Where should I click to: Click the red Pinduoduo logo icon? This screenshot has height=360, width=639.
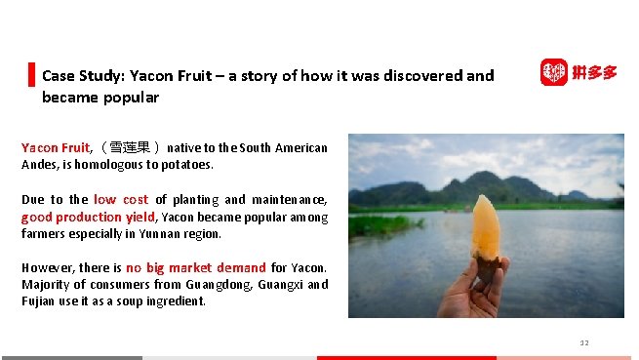[x=553, y=72]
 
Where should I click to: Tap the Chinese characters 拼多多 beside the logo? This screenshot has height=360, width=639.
[x=594, y=72]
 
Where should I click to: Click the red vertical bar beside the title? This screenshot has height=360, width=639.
[x=31, y=74]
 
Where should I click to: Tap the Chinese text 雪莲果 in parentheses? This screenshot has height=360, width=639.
[x=130, y=148]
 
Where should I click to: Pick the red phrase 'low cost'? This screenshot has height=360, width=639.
[x=121, y=200]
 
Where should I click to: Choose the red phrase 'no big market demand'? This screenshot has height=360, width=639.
[x=195, y=267]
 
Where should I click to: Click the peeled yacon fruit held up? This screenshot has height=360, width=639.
[x=485, y=225]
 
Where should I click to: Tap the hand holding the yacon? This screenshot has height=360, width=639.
[x=475, y=288]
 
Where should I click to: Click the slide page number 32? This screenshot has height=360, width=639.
[x=584, y=342]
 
